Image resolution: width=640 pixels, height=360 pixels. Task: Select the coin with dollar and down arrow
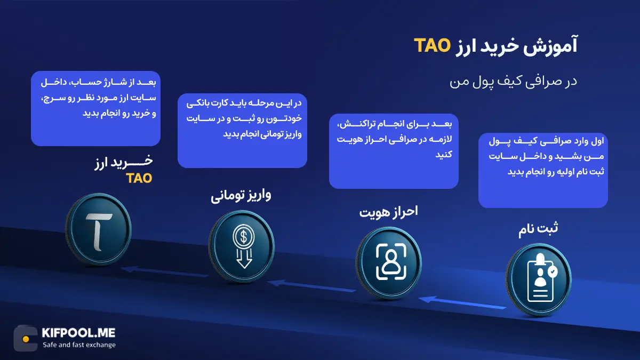click(241, 247)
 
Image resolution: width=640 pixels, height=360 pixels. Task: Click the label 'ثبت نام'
click(539, 229)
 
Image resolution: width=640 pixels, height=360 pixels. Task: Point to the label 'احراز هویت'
click(388, 212)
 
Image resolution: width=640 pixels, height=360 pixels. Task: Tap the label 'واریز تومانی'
click(241, 195)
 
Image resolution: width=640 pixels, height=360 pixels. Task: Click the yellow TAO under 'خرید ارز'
click(139, 178)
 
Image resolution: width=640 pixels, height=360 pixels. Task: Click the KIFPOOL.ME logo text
click(78, 333)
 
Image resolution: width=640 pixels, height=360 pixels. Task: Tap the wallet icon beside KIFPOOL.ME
click(25, 339)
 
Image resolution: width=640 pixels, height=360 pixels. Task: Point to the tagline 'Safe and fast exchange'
click(79, 345)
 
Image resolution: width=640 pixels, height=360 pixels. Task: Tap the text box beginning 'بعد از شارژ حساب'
click(95, 108)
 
